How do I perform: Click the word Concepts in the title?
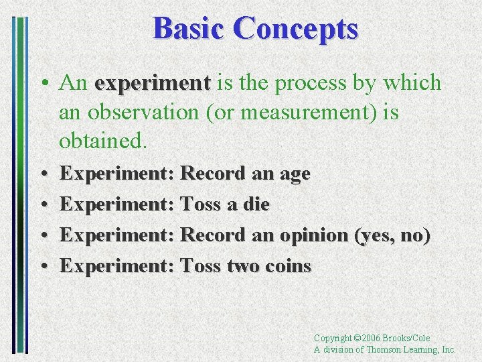pos(296,29)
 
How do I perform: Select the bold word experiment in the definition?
pos(153,83)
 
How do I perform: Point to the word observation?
pos(142,113)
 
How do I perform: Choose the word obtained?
pos(102,141)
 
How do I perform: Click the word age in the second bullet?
pos(294,174)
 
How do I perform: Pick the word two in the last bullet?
pos(239,266)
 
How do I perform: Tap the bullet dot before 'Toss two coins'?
pos(43,267)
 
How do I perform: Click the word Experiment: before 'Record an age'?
pos(118,174)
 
